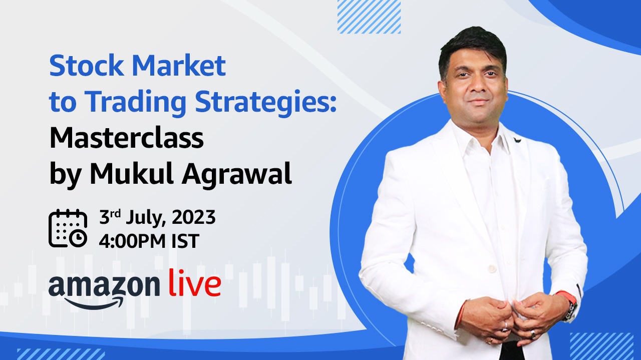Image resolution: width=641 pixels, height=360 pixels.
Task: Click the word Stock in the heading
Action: point(86,66)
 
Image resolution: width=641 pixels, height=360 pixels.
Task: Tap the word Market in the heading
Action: point(179,66)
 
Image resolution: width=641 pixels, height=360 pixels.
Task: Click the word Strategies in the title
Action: point(266,102)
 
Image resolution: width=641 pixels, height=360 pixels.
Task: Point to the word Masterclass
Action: point(127,138)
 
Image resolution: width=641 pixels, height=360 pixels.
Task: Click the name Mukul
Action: point(132,173)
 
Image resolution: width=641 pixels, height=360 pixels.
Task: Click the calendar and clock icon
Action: point(68,228)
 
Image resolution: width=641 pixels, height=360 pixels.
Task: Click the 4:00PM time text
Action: point(132,241)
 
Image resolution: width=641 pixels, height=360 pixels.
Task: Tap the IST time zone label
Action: point(185,241)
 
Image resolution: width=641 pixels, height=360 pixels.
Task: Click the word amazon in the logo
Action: point(104,286)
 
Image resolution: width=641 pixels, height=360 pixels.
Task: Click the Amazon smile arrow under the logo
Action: point(95,303)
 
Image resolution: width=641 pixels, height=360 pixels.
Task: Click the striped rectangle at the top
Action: point(369,17)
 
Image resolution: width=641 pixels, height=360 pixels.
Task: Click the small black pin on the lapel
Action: point(517,140)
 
